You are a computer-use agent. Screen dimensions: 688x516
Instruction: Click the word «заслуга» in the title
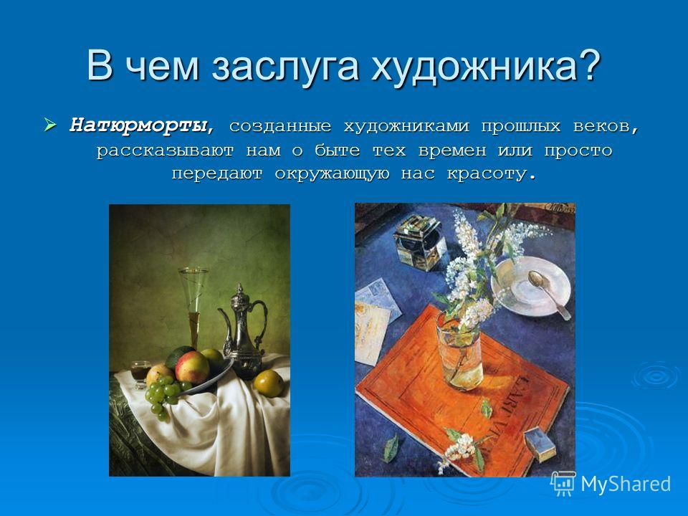(x=286, y=67)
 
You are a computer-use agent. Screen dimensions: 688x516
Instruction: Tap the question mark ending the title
(x=588, y=65)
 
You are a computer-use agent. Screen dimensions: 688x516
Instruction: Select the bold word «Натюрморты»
(x=138, y=126)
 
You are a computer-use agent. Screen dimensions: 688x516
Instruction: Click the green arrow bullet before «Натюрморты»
(x=50, y=125)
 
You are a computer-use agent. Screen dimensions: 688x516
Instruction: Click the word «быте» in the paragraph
(x=337, y=150)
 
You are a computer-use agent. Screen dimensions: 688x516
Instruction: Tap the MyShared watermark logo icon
(x=563, y=483)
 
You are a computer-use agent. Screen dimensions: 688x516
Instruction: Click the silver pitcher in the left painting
(x=242, y=330)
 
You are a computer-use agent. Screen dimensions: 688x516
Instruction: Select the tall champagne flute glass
(x=193, y=307)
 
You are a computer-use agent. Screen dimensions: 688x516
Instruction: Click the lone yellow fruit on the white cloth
(x=269, y=383)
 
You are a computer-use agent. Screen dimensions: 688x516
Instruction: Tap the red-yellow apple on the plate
(x=192, y=367)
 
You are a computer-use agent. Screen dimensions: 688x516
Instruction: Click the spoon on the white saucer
(x=548, y=293)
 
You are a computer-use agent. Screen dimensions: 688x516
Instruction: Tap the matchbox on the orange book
(x=540, y=444)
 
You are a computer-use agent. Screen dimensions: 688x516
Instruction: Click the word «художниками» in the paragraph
(x=406, y=126)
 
